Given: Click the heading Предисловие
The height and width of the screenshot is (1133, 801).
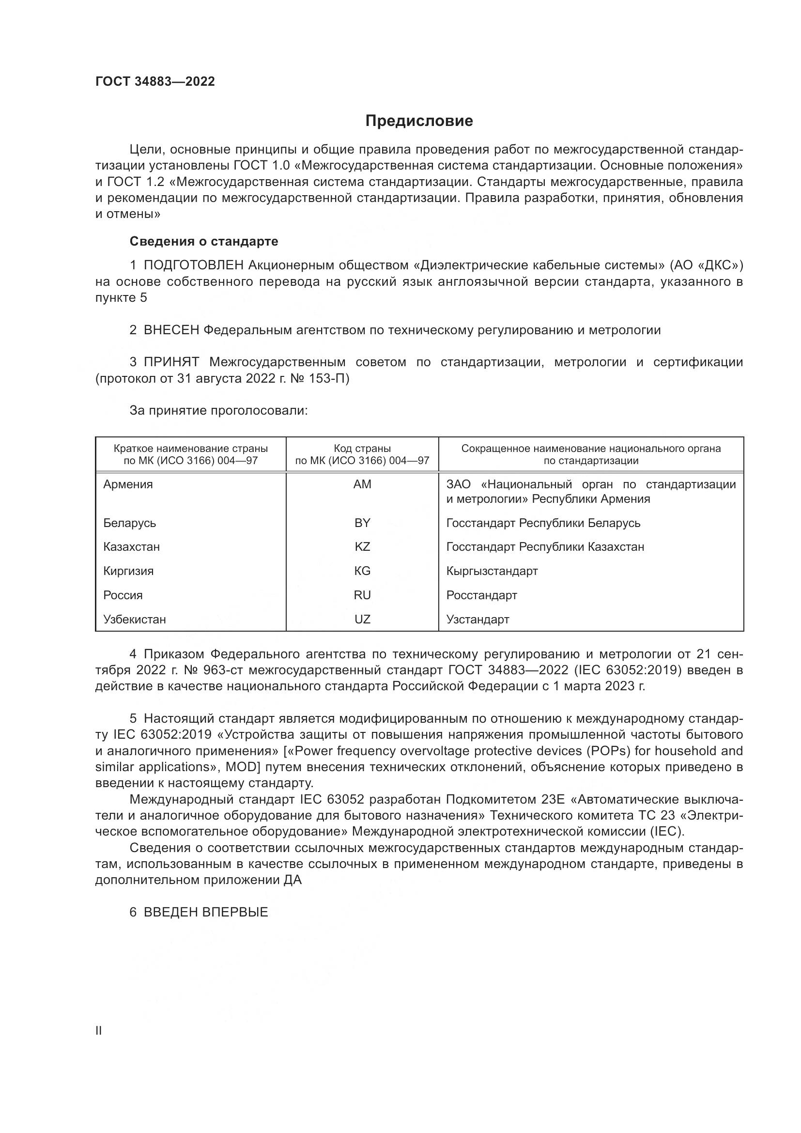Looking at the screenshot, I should click(419, 121).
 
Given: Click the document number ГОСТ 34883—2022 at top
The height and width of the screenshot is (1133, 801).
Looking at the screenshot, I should click(155, 81).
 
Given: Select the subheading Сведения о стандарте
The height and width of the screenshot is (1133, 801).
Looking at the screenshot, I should click(204, 241).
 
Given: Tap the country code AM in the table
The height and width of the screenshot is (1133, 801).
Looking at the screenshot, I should click(362, 484).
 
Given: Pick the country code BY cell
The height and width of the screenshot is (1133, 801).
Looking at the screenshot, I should click(362, 523).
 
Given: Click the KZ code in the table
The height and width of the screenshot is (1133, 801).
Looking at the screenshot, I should click(362, 547).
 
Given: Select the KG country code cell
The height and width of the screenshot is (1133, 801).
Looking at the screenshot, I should click(362, 571).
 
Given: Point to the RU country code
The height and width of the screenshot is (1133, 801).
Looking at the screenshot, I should click(362, 595).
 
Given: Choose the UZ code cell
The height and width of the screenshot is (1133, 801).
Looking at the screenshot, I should click(362, 620).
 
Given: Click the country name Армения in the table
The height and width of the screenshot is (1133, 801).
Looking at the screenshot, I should click(128, 484).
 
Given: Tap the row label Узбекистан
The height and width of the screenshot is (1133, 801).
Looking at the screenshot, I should click(134, 620).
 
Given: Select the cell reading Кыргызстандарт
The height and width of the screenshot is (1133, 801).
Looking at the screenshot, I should click(492, 571).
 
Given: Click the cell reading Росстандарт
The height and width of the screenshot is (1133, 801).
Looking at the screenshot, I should click(481, 595).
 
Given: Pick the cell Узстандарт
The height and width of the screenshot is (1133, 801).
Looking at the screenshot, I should click(478, 620).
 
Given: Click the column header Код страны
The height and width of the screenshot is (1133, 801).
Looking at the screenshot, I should click(362, 449).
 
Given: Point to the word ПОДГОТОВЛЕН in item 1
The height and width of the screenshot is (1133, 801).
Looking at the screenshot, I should click(193, 265).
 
